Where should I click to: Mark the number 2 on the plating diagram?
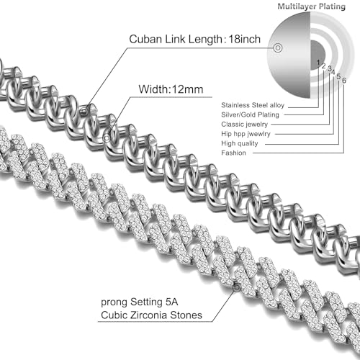pos(323,67)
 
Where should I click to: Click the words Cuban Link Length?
pos(173,39)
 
